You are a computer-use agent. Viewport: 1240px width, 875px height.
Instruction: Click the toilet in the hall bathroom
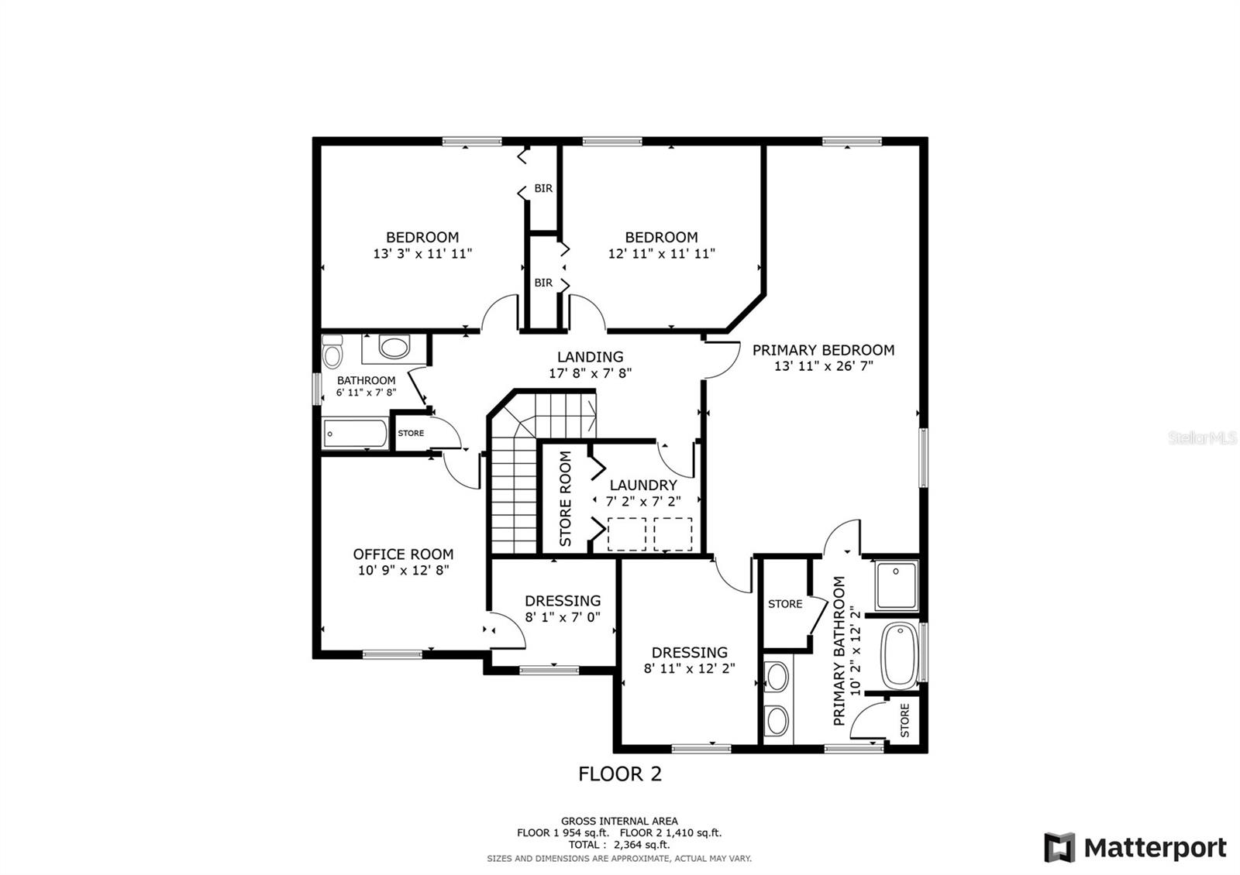(x=332, y=352)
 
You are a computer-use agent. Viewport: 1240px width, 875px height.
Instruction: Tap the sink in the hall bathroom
(x=394, y=348)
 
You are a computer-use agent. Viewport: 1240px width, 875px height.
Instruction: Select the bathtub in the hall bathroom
(x=356, y=434)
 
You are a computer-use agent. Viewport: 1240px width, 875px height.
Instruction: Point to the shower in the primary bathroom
(x=896, y=585)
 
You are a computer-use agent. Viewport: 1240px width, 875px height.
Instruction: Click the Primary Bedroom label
(x=823, y=350)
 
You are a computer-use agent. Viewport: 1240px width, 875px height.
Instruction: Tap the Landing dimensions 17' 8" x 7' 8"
(x=590, y=373)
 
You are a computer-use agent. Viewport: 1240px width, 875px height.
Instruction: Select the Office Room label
(x=403, y=554)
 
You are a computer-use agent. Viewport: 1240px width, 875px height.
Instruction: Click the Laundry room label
(x=643, y=485)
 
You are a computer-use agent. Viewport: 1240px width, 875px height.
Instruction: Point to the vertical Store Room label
(x=565, y=499)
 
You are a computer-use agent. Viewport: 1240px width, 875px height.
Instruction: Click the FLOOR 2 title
(x=620, y=774)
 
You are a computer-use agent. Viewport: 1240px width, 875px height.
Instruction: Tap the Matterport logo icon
(x=1059, y=847)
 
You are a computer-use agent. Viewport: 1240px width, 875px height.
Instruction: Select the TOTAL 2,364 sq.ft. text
(x=619, y=845)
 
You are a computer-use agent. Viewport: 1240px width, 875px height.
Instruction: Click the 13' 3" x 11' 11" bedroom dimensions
(x=422, y=254)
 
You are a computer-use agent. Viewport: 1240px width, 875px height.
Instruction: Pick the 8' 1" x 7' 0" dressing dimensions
(x=563, y=616)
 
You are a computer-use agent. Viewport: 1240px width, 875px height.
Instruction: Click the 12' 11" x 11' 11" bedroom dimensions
(x=662, y=254)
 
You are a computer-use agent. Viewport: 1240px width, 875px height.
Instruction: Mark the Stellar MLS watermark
(x=1202, y=438)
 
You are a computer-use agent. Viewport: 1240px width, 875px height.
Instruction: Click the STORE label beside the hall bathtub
(x=411, y=433)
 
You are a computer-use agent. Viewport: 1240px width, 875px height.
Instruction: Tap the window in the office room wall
(x=392, y=654)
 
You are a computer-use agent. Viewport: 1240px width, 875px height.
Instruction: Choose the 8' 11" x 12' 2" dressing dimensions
(x=689, y=669)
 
